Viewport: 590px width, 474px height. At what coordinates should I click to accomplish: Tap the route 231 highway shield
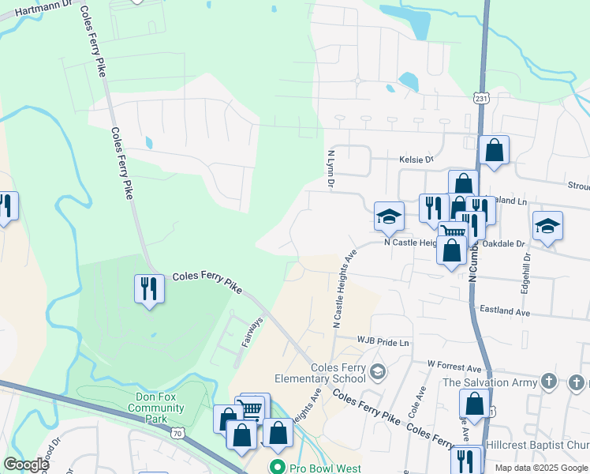(x=481, y=97)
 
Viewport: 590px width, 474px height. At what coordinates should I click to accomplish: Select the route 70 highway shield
(x=177, y=432)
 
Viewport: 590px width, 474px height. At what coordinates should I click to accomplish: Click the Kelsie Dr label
(x=417, y=159)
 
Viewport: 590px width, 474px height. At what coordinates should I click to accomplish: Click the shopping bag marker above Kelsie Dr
(x=494, y=150)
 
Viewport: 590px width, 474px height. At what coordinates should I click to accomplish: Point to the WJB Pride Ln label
(x=383, y=342)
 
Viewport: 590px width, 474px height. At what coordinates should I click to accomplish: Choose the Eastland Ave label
(x=506, y=312)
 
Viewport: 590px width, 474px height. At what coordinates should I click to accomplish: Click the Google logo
(x=25, y=465)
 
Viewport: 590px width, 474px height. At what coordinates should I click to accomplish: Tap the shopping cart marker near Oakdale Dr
(x=452, y=231)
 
